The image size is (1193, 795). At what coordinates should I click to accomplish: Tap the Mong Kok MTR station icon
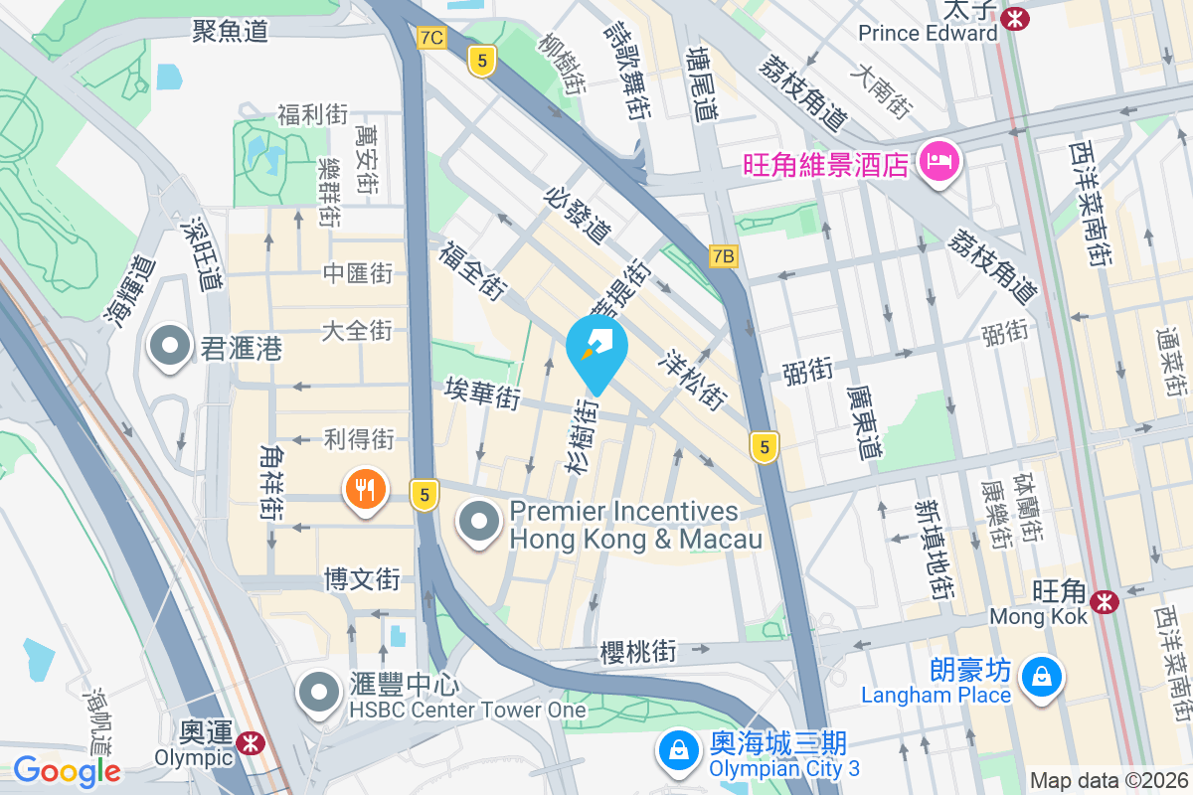coord(1104,600)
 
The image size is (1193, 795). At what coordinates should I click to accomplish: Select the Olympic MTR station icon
coord(250,740)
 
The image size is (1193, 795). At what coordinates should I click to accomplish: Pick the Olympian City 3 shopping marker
coord(678,752)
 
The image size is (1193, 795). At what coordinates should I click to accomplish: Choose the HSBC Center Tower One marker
coord(319,692)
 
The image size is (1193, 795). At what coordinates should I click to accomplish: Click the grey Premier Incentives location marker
coord(480,522)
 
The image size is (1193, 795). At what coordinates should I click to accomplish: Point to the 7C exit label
coord(431,38)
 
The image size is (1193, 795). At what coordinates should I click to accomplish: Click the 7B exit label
coord(724,256)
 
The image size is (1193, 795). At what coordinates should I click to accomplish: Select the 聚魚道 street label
coord(231,31)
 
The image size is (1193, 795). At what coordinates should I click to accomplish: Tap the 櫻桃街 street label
coord(638,653)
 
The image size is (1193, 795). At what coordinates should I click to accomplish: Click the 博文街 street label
coord(362,579)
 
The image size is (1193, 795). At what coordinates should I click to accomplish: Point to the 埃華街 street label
coord(482,393)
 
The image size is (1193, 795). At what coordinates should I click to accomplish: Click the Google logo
coord(67,771)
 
